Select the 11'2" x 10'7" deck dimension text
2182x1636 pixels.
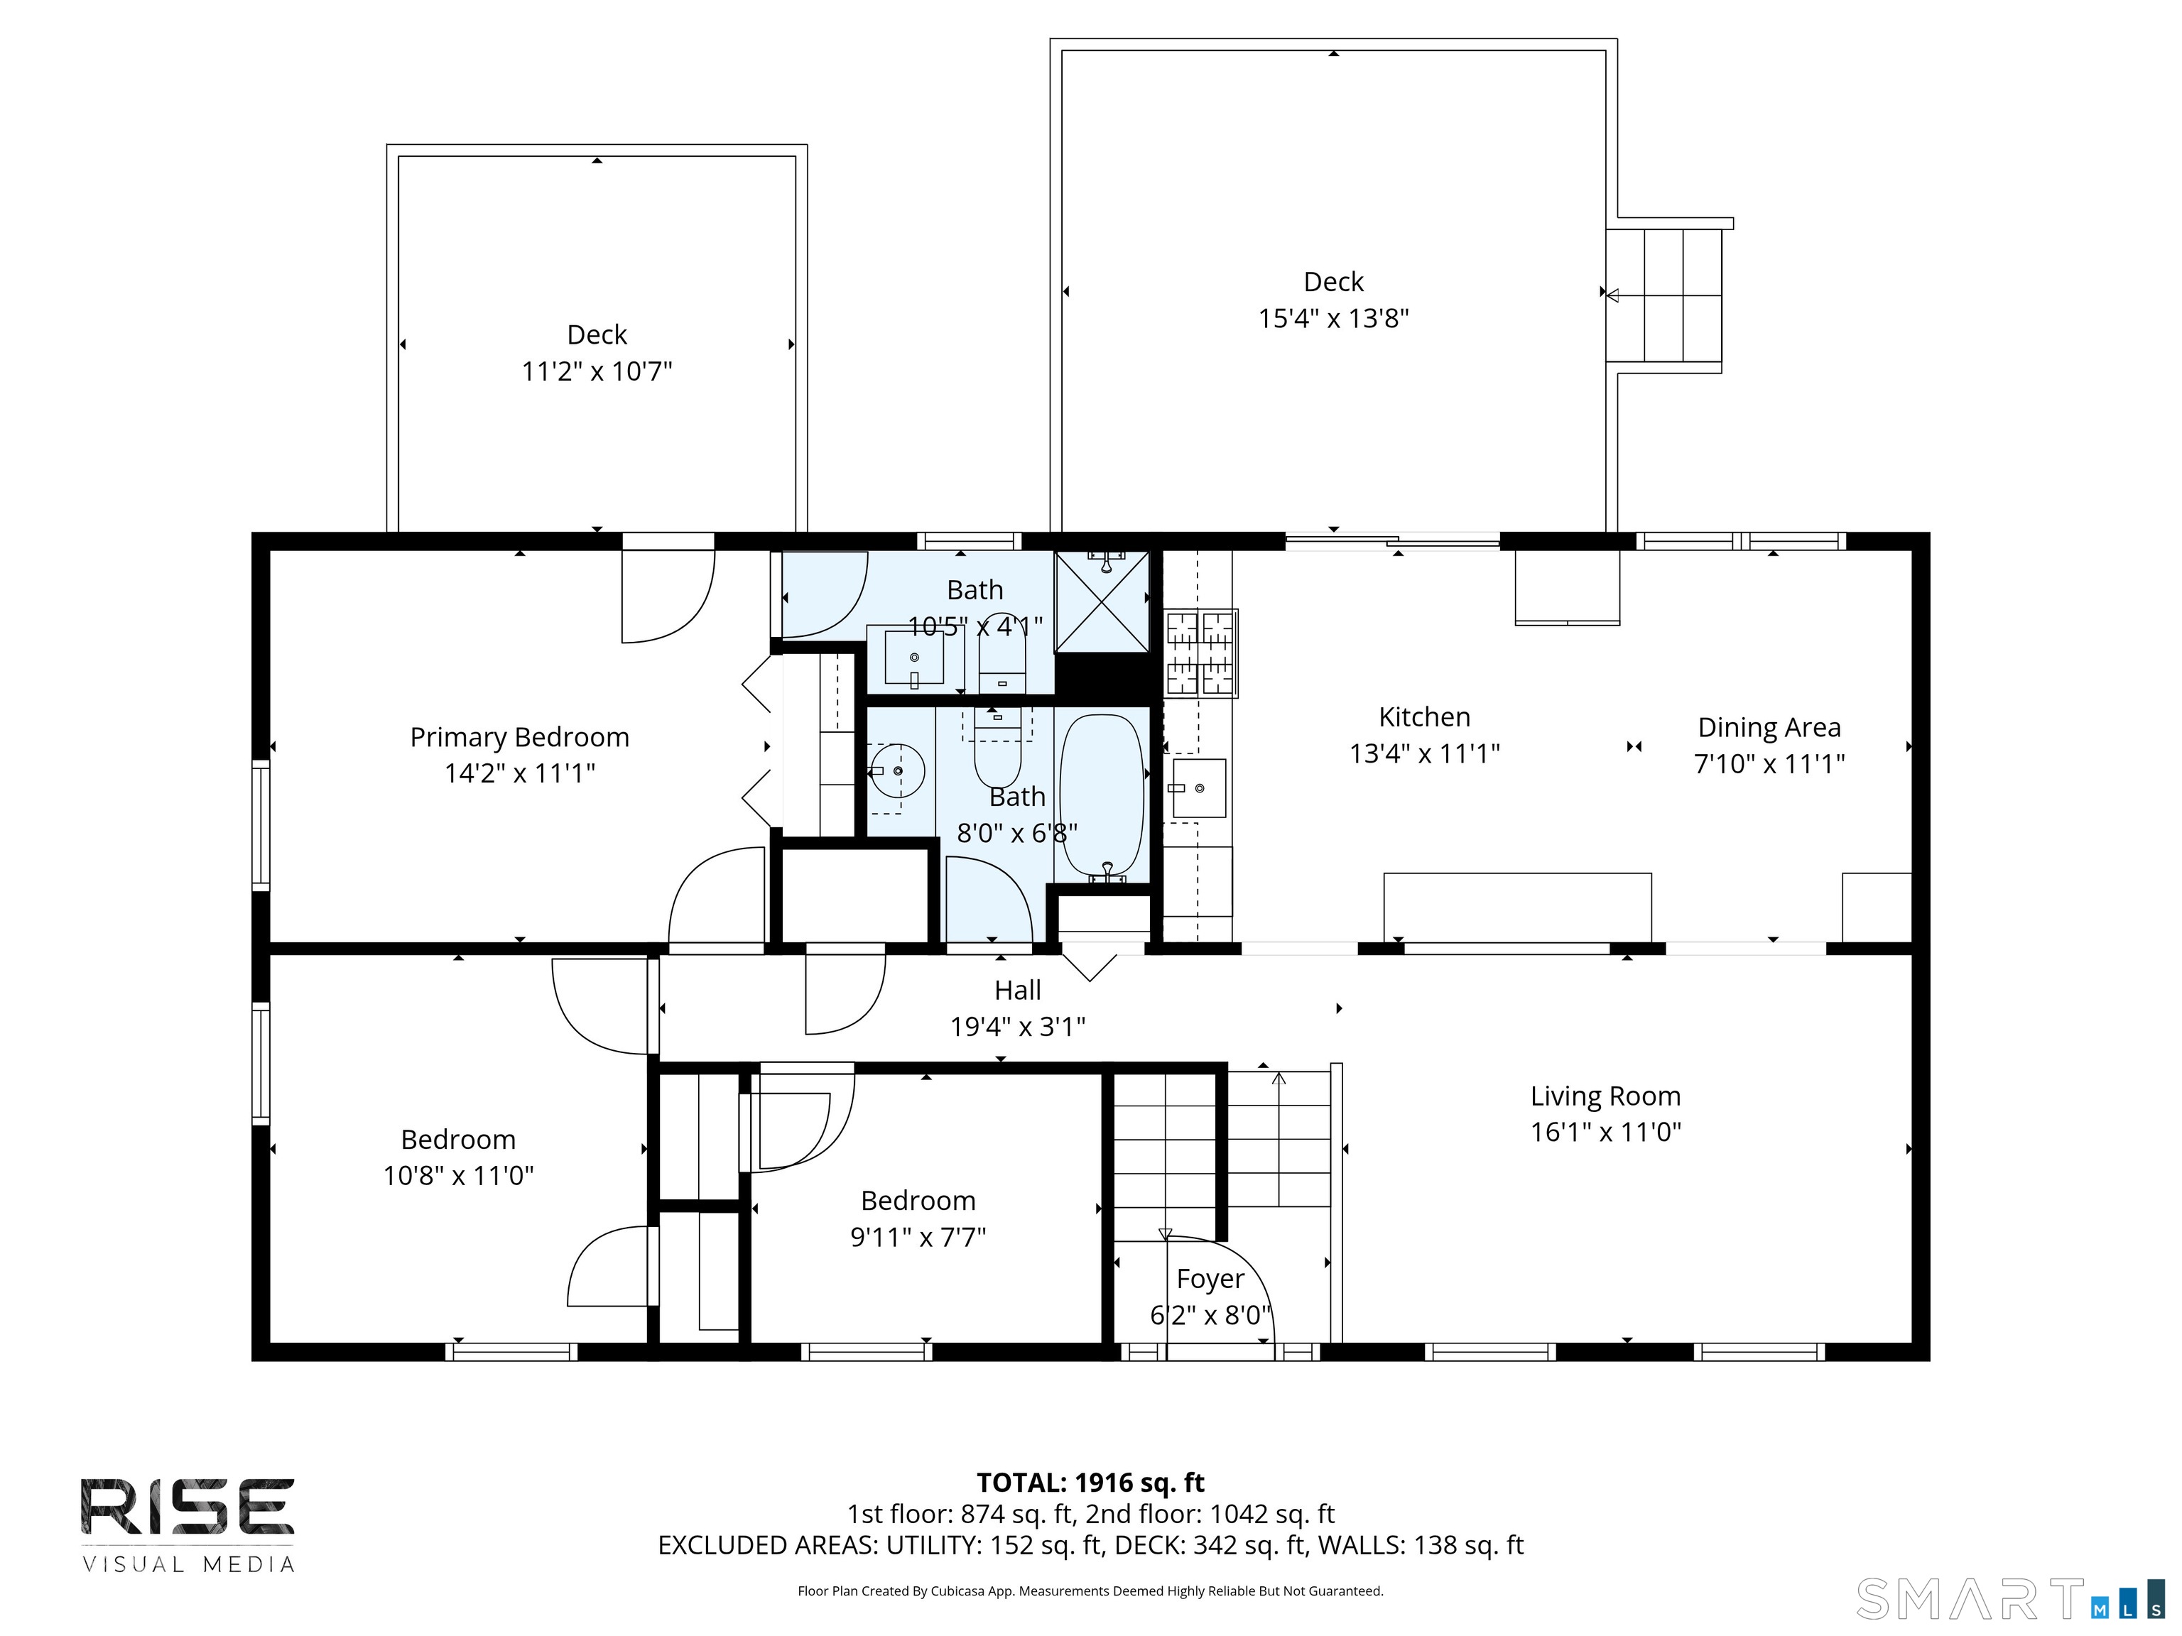[x=596, y=372]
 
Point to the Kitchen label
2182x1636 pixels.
[x=1423, y=717]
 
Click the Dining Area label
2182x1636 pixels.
[x=1769, y=728]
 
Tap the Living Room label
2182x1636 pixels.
[x=1605, y=1096]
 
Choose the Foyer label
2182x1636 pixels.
[x=1210, y=1279]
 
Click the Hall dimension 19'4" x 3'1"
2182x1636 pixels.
[x=1017, y=1027]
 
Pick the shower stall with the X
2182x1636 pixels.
[x=1102, y=601]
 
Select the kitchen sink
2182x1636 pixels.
[x=1198, y=788]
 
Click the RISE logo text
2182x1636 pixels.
[x=188, y=1507]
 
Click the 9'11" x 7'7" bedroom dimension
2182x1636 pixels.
[x=918, y=1237]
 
